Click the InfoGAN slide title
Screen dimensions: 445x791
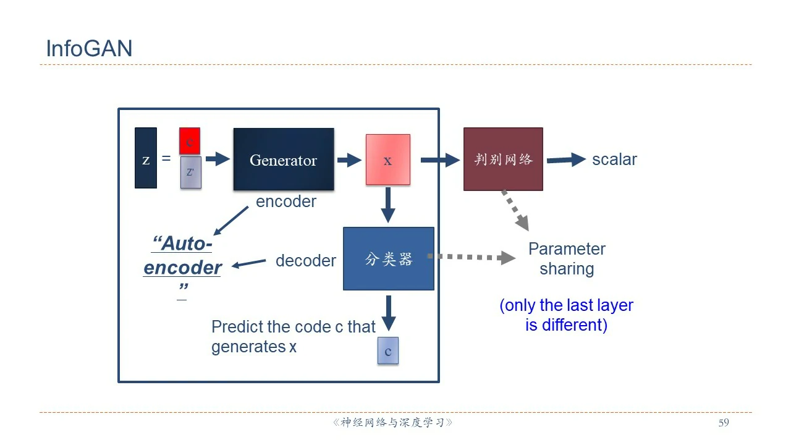[x=89, y=49]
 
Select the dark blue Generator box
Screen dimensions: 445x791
[x=284, y=159]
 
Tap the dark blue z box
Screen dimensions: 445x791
[x=146, y=158]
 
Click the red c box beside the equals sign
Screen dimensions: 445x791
[x=190, y=141]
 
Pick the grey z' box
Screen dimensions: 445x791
[x=190, y=172]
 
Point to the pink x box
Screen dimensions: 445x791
[x=387, y=159]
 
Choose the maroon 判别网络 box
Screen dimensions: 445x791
[x=503, y=159]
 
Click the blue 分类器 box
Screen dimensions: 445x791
[x=388, y=258]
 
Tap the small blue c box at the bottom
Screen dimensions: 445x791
[x=388, y=350]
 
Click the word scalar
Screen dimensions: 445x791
[x=614, y=159]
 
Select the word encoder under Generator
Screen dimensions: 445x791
[x=286, y=201]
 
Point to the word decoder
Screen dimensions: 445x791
[x=305, y=261]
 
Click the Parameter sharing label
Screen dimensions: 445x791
[x=567, y=259]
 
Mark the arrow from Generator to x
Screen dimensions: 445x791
[x=349, y=160]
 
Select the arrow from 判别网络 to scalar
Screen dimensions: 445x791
[x=565, y=160]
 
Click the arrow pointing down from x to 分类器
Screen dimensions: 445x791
[x=387, y=205]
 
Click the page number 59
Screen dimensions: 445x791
[x=724, y=423]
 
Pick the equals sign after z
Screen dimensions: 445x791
[x=166, y=159]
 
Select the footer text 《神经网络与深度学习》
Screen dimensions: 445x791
[x=392, y=423]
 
